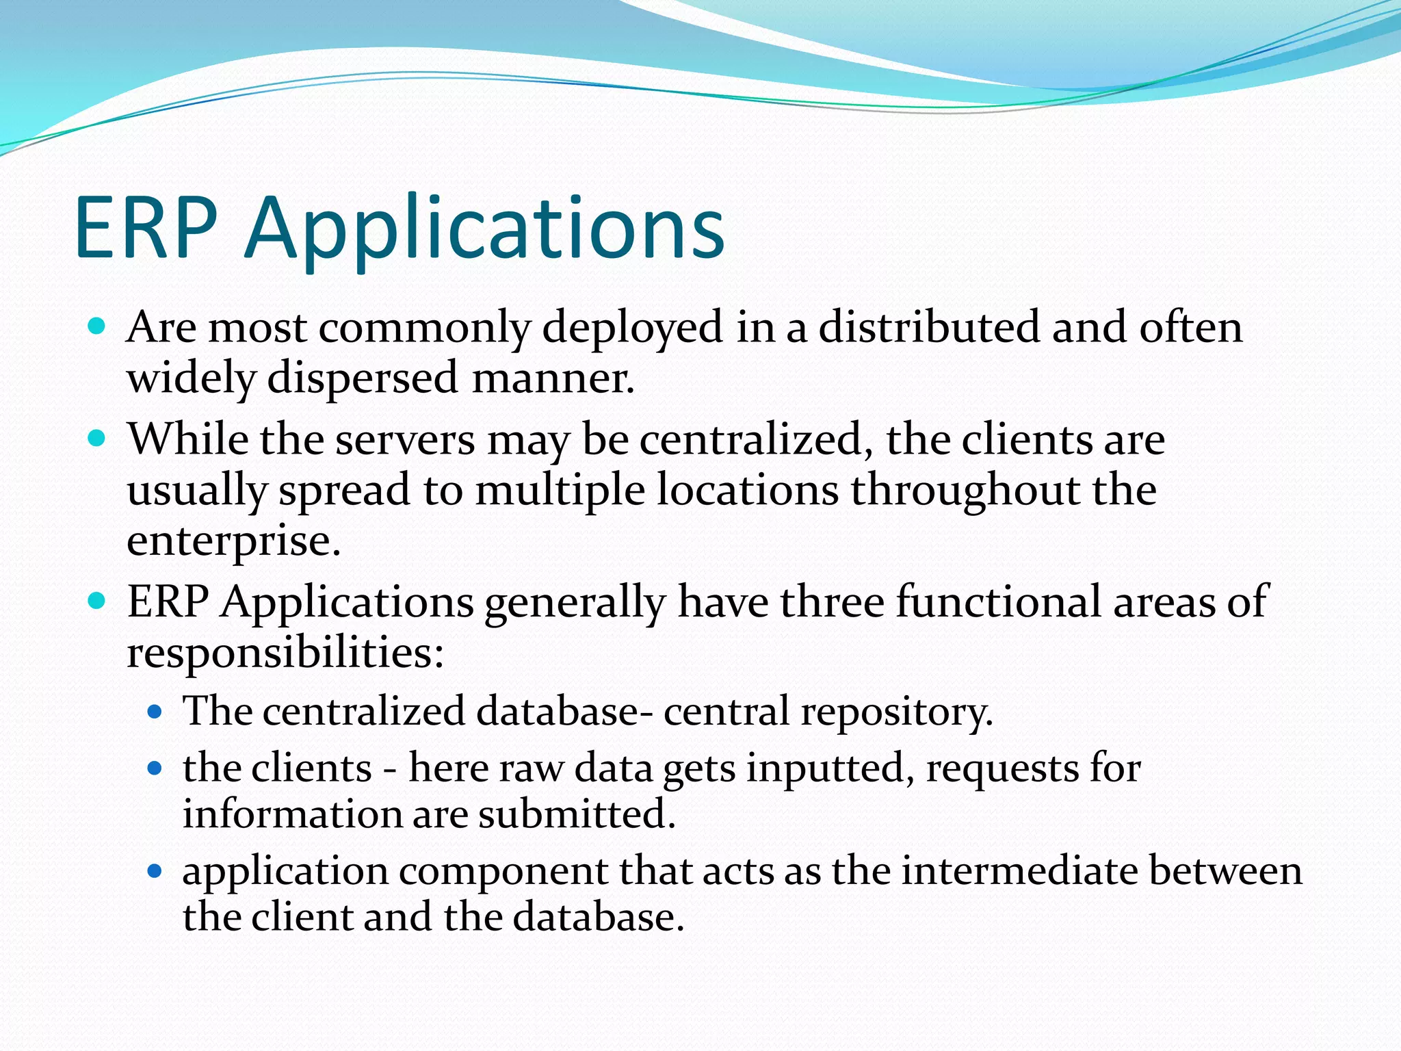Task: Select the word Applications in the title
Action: tap(485, 229)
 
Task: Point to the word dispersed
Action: tap(362, 378)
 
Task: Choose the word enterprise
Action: tap(233, 541)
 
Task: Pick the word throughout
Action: tap(965, 490)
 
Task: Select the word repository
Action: tap(897, 712)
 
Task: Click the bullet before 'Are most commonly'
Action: tap(97, 326)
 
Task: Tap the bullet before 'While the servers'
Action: tap(97, 438)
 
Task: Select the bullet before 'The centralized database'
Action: tap(155, 712)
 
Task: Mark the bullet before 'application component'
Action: tap(155, 871)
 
